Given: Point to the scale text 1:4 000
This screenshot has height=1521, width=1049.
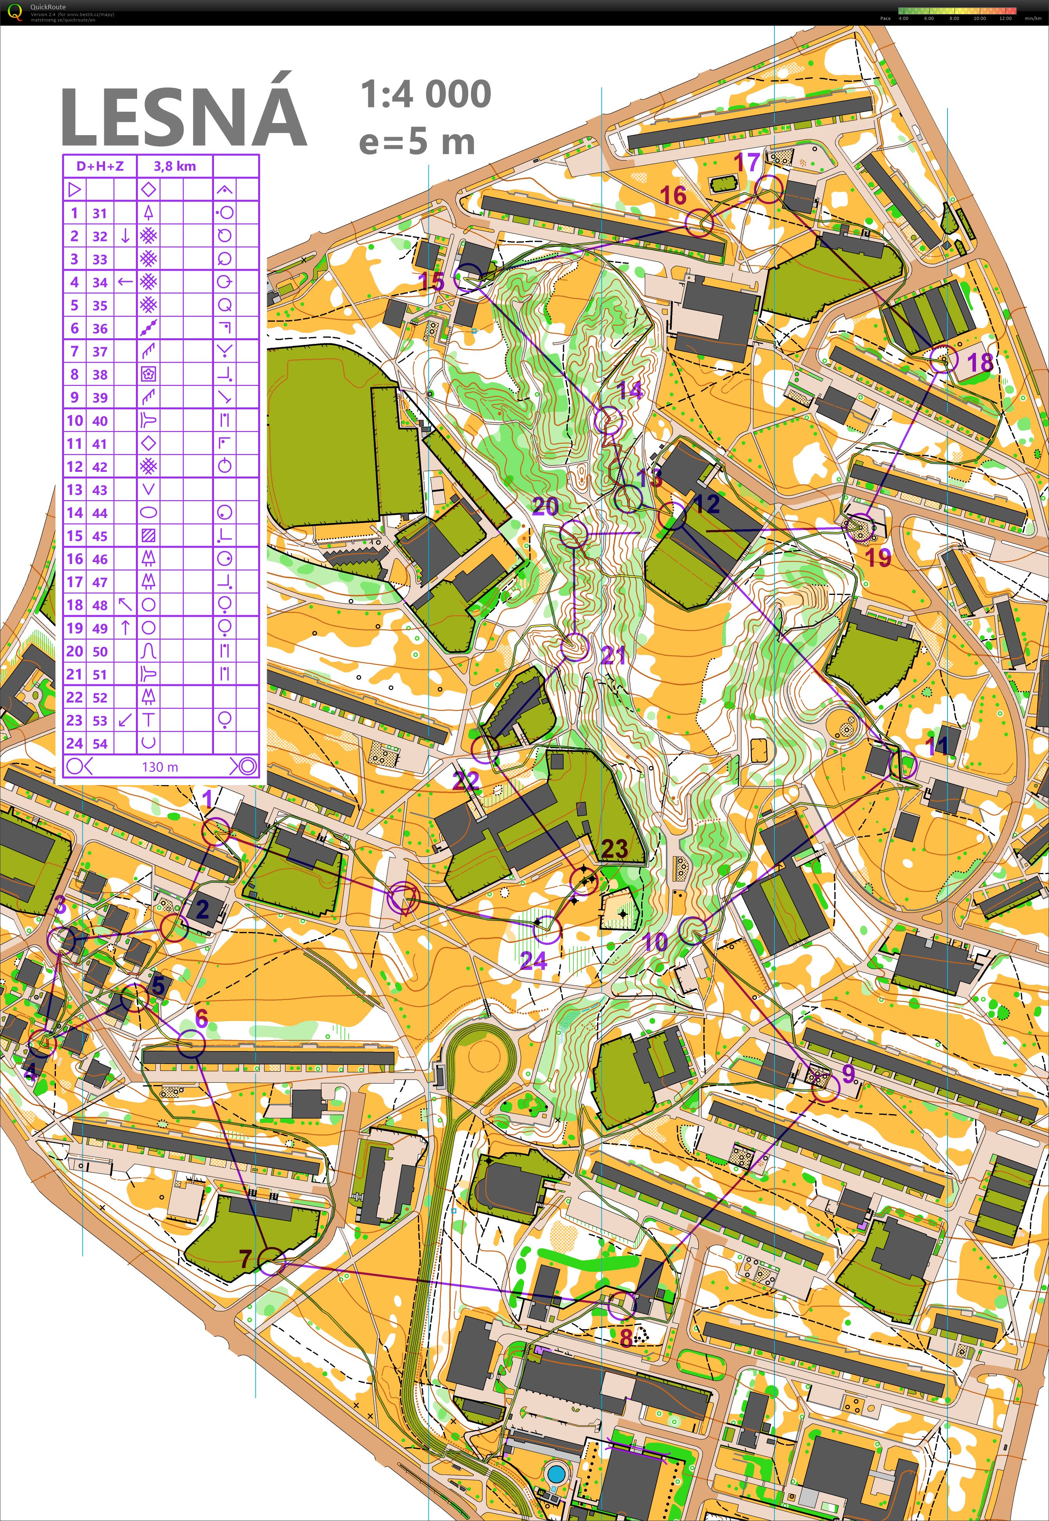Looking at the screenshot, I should point(426,94).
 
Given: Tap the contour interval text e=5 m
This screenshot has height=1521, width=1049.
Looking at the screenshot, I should point(417,142).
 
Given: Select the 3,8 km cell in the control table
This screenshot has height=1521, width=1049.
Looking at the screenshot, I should point(175,166).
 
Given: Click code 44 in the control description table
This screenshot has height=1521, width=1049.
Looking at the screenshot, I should point(100,513).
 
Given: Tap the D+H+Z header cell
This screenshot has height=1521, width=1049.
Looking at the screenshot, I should point(100,166).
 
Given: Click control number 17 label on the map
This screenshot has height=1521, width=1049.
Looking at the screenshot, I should point(747,162).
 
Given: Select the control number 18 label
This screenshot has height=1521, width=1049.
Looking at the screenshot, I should point(979,362).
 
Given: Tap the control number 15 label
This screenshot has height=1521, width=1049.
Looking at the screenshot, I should point(432,281).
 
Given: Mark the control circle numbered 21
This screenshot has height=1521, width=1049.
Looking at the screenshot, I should point(575,647).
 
